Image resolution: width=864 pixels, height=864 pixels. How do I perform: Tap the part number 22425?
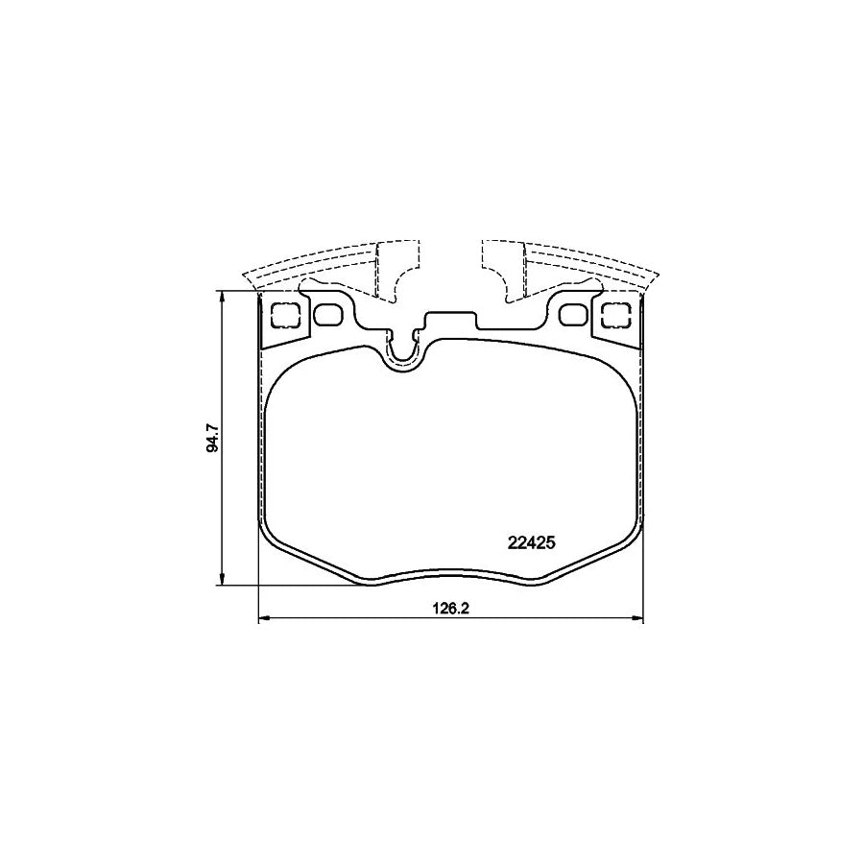click(x=532, y=541)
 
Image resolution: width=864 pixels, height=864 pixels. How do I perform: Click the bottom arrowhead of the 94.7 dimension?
click(x=223, y=581)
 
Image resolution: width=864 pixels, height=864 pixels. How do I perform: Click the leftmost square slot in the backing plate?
click(x=285, y=316)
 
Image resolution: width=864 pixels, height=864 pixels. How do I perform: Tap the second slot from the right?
click(x=573, y=315)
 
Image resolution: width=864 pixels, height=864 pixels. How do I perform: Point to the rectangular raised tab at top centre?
click(x=451, y=322)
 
